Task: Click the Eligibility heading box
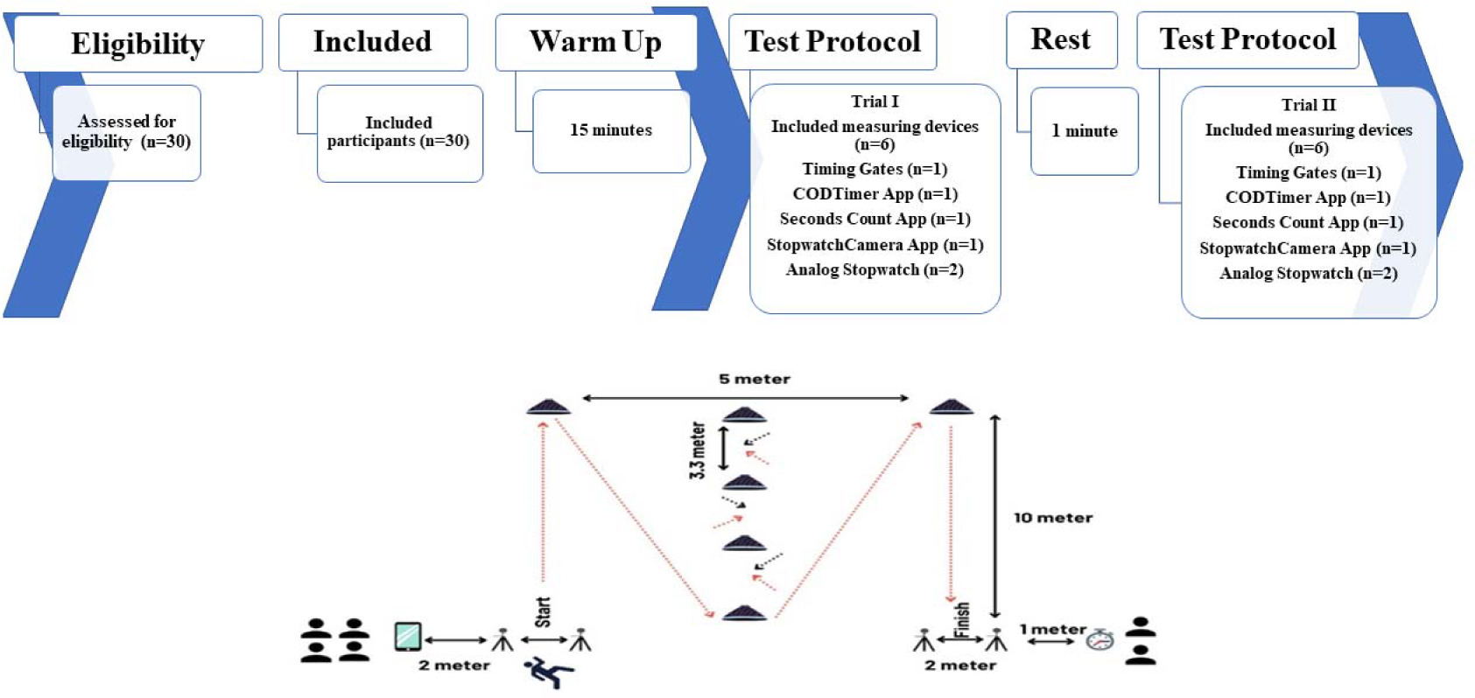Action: point(137,44)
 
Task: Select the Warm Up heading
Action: point(595,42)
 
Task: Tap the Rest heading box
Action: point(1061,40)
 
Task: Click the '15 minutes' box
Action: point(611,130)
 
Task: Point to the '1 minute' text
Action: point(1085,131)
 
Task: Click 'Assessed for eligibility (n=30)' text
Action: point(126,132)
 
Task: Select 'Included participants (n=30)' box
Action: point(399,133)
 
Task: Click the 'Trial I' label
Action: point(874,101)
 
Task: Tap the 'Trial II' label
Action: point(1309,105)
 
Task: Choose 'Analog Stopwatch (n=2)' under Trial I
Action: point(874,270)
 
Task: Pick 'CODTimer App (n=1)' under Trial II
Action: point(1308,198)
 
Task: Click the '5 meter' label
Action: point(755,380)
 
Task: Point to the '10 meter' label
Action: point(1053,518)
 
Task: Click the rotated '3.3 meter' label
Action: point(698,450)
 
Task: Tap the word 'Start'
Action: point(543,611)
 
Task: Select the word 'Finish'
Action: point(962,619)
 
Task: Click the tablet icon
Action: point(408,636)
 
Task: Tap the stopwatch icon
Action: point(1100,640)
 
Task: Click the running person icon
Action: point(549,673)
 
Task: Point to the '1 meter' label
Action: point(1052,630)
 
